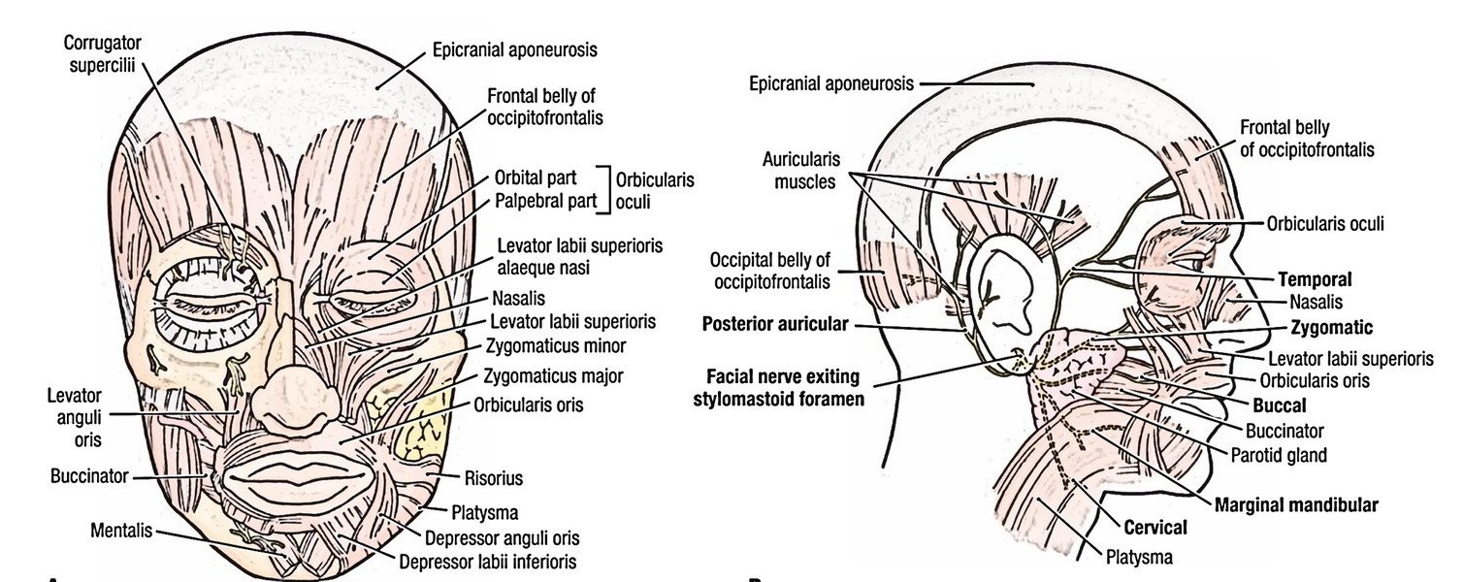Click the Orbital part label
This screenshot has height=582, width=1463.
tap(536, 178)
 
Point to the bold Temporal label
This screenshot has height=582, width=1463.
tap(1315, 278)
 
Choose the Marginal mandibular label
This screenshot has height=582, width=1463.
tap(1295, 505)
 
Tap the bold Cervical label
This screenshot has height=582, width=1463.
tap(1155, 529)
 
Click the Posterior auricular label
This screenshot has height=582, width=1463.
tap(776, 326)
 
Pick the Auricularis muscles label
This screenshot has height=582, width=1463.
tap(800, 170)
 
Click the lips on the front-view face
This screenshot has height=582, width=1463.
tap(294, 475)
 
